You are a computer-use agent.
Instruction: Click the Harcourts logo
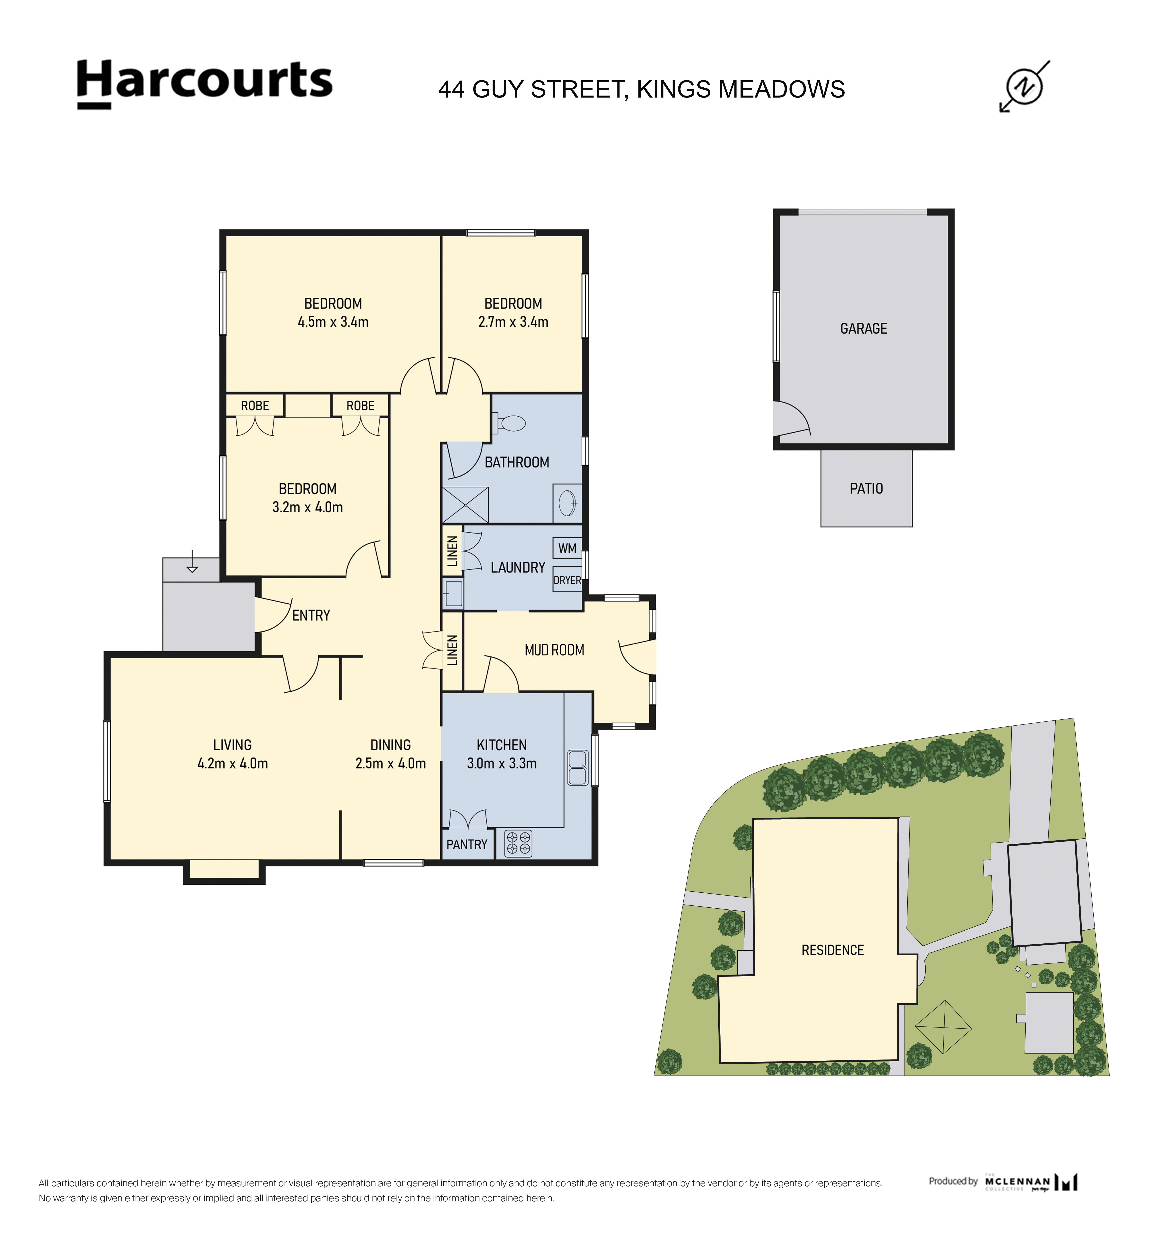click(x=205, y=84)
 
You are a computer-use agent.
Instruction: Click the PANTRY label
click(x=467, y=845)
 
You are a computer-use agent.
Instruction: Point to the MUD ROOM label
click(x=554, y=650)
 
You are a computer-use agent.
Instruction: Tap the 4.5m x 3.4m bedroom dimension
click(x=333, y=322)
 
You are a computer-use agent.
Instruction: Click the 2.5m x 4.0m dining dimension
click(x=391, y=764)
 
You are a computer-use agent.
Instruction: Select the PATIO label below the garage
click(x=866, y=488)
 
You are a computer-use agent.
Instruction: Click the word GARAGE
click(x=864, y=329)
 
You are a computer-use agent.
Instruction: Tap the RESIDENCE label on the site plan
click(x=832, y=950)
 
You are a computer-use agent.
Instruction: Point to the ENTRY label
click(x=311, y=616)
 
